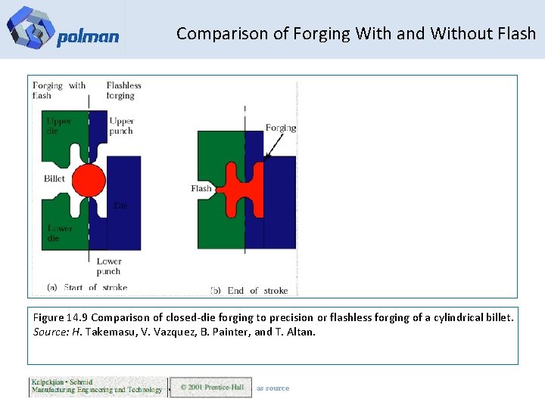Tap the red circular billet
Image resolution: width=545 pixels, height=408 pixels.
tap(89, 180)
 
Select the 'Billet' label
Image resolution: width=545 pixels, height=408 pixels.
tap(54, 179)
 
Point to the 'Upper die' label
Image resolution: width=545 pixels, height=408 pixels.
tap(58, 125)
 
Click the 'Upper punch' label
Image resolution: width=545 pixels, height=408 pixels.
tap(121, 125)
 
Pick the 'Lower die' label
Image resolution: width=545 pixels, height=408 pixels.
tap(60, 233)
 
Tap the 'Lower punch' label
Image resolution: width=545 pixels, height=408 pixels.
tap(108, 266)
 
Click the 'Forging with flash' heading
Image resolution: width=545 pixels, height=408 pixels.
tap(59, 91)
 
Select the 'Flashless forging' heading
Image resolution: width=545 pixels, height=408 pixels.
tap(124, 91)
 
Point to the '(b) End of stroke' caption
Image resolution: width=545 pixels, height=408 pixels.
tap(248, 290)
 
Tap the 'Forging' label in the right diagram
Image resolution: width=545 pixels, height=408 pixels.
tap(281, 128)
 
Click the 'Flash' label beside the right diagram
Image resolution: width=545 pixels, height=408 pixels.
tap(201, 188)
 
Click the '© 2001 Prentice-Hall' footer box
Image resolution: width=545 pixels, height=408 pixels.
tap(210, 388)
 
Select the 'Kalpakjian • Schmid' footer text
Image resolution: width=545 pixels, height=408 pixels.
tap(62, 382)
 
